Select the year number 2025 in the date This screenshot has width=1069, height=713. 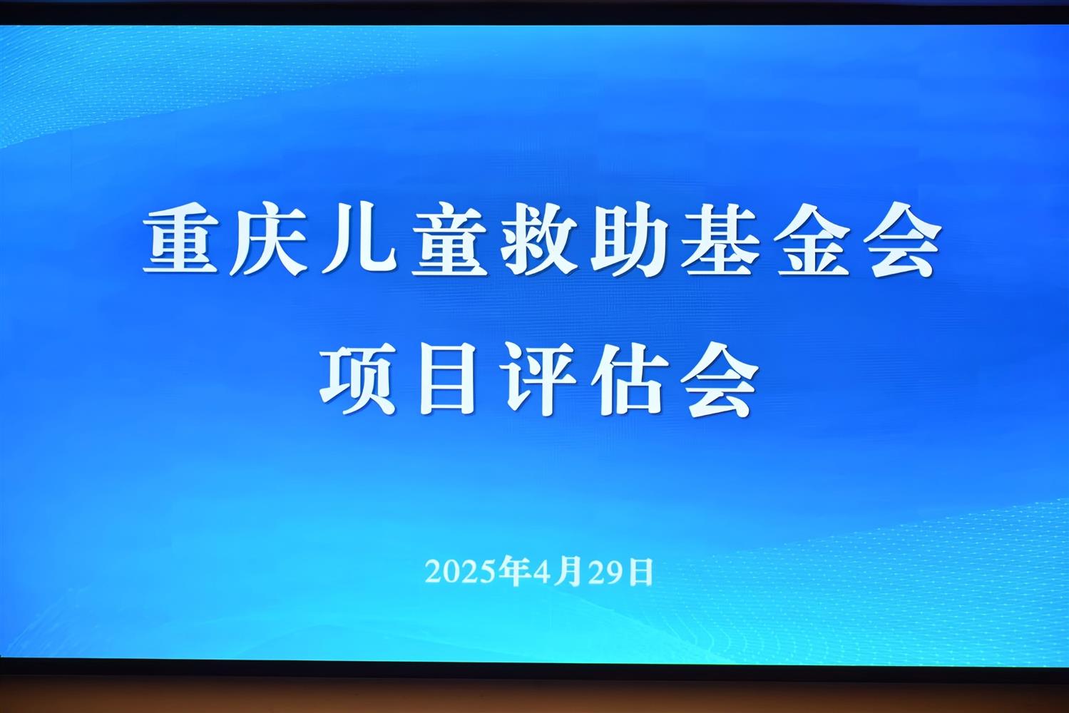click(x=461, y=571)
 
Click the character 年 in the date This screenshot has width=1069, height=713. click(x=514, y=571)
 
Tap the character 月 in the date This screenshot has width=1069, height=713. click(x=568, y=571)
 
